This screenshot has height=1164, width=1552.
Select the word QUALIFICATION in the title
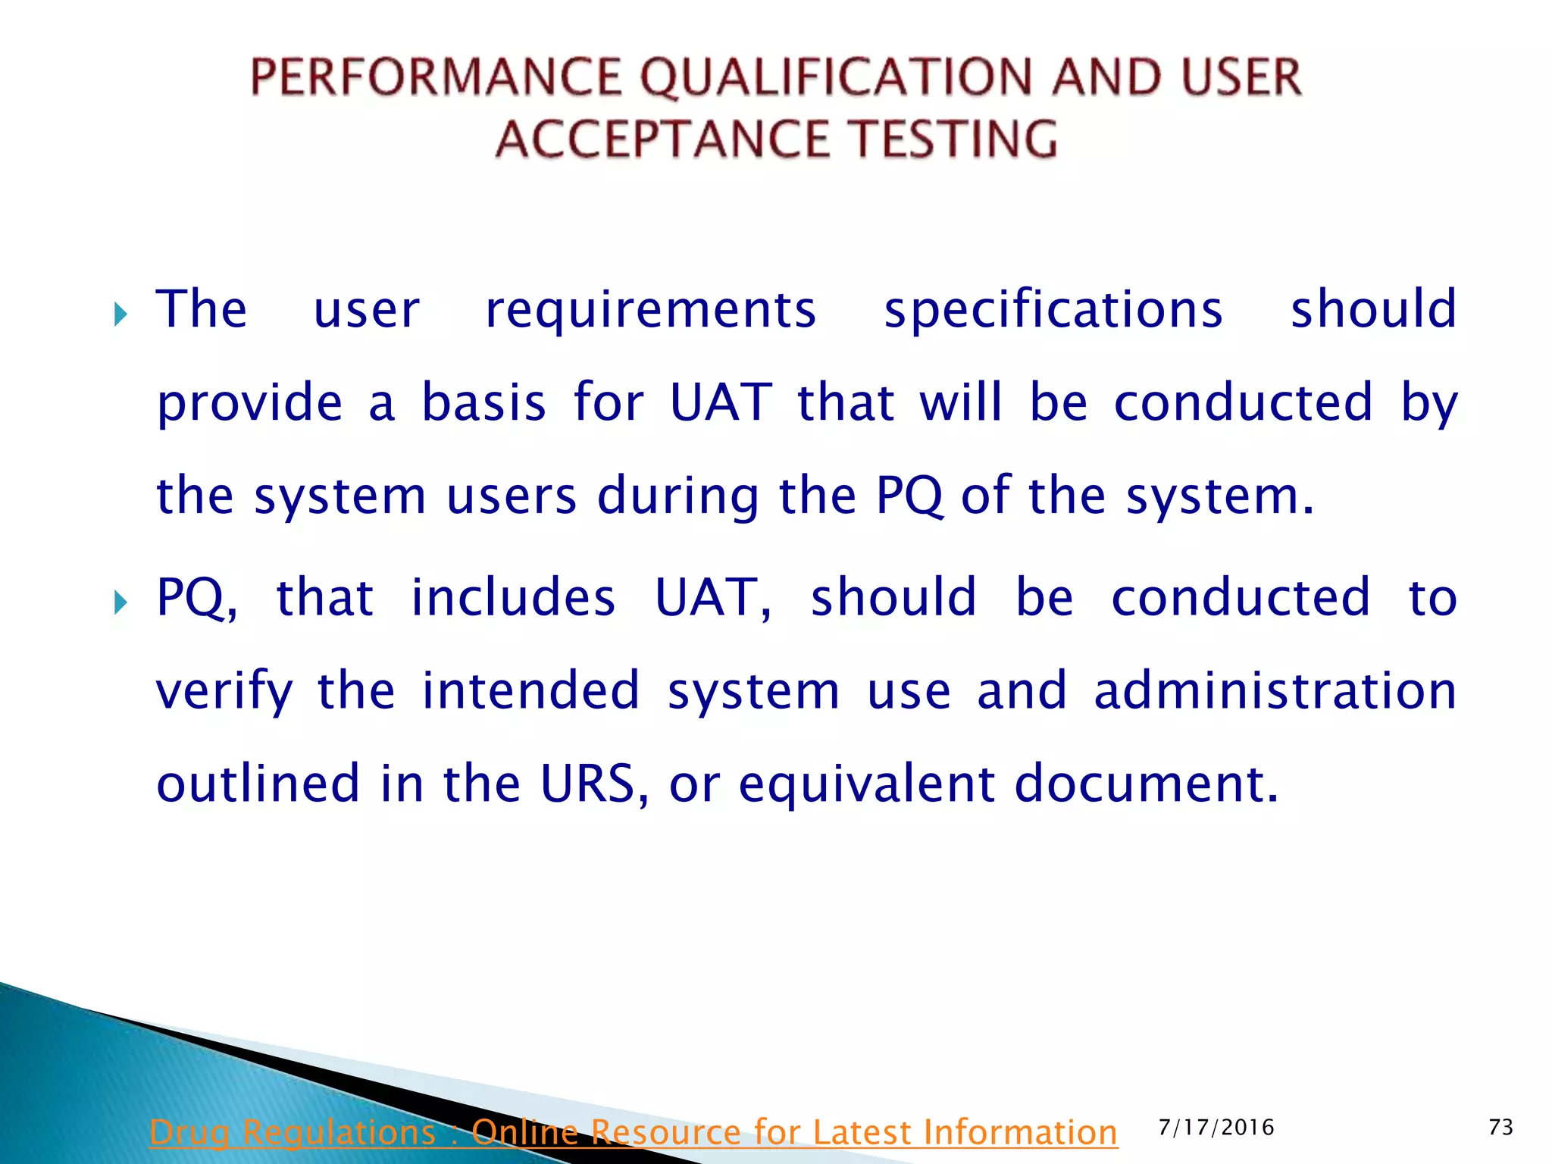point(837,77)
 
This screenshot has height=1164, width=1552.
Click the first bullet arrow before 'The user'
point(120,314)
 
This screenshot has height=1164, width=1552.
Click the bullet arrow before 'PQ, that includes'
point(120,603)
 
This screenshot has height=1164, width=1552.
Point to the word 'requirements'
point(650,311)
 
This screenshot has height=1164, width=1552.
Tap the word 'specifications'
point(1053,311)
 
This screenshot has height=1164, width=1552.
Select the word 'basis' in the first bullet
point(483,403)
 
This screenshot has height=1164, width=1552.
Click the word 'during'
point(677,496)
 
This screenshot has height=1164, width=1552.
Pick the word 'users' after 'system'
point(512,498)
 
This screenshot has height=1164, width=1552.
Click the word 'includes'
point(512,598)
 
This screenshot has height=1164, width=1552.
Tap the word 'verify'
point(224,692)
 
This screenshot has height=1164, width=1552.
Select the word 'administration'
point(1275,690)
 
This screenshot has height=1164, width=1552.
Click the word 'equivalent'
point(866,785)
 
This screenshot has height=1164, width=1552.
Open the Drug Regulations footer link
point(633,1133)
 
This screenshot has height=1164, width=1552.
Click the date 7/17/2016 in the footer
point(1216,1128)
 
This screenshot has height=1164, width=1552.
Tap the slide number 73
point(1500,1128)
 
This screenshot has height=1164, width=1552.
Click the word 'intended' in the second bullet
point(530,690)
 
